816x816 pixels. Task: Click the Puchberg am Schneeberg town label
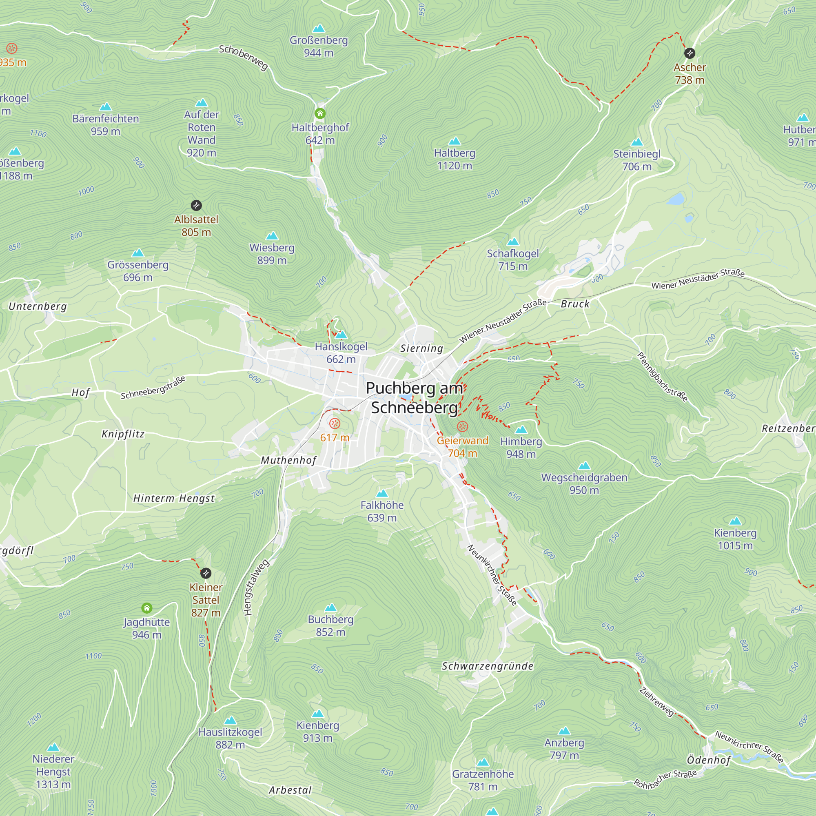[x=414, y=397]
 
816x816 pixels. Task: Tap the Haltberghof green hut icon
[x=320, y=113]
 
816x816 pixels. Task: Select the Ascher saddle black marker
[x=689, y=53]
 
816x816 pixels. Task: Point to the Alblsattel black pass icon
[x=196, y=206]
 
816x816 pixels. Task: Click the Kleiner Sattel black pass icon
[x=206, y=573]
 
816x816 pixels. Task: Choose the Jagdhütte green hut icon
[x=146, y=608]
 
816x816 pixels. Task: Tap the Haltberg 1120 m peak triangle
[x=455, y=141]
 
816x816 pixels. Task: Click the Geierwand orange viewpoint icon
[x=463, y=427]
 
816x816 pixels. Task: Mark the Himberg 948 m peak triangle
[x=521, y=430]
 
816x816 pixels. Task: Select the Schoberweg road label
[x=244, y=58]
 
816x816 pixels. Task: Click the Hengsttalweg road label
[x=256, y=588]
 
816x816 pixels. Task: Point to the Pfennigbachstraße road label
[x=662, y=377]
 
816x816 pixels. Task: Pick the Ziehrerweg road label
[x=657, y=702]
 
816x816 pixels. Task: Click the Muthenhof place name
[x=288, y=460]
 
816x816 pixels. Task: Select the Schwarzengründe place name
[x=488, y=666]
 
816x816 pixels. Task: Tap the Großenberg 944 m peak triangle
[x=319, y=29]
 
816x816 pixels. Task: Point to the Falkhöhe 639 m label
[x=382, y=511]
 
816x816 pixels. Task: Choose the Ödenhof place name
[x=708, y=760]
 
